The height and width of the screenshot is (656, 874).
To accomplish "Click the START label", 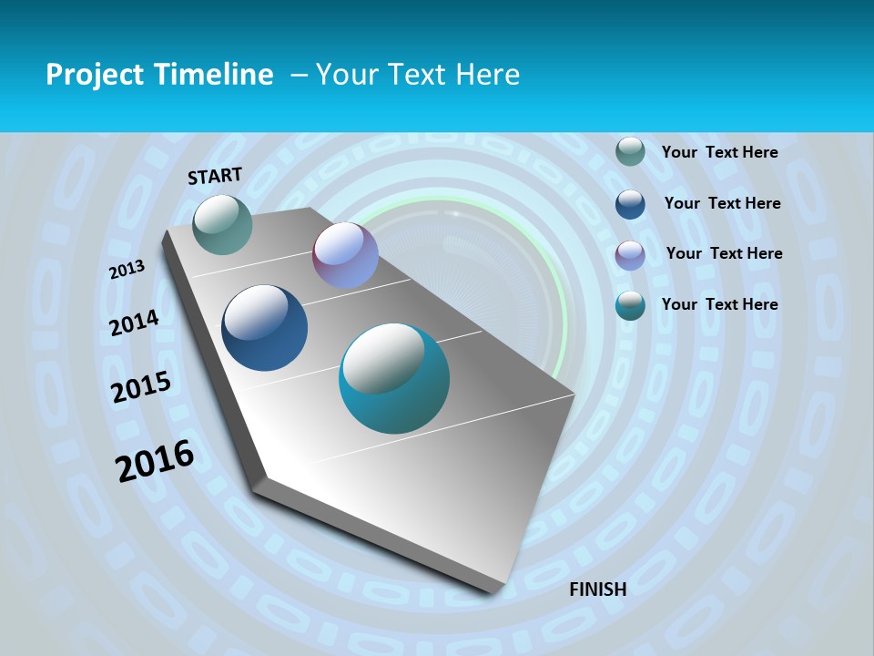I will [x=215, y=176].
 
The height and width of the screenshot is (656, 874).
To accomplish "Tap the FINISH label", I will [x=598, y=589].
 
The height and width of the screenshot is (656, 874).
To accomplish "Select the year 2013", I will [x=127, y=269].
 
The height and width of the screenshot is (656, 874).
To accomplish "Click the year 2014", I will [x=135, y=323].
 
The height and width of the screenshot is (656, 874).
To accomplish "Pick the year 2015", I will [x=141, y=387].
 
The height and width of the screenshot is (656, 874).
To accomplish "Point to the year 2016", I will [x=155, y=461].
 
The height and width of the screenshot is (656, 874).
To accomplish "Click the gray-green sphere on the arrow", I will [x=223, y=224].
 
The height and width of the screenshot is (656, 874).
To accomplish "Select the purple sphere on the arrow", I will [x=345, y=255].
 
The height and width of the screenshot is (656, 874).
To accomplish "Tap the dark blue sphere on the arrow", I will [x=265, y=328].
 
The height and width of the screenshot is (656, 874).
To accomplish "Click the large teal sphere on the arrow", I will [x=394, y=378].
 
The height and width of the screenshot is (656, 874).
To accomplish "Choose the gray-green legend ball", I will [x=630, y=152].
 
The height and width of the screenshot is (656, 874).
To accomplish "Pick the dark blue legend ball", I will [x=630, y=204].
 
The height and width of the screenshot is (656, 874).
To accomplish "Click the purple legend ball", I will [x=630, y=255].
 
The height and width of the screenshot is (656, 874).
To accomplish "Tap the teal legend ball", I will [x=630, y=305].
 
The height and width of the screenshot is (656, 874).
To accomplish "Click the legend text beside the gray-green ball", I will [x=719, y=152].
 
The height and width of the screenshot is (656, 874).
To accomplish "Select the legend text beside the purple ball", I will [x=724, y=253].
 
